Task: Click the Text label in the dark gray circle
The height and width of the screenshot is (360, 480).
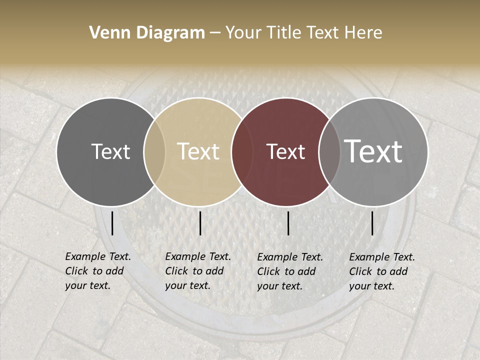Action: coord(110,151)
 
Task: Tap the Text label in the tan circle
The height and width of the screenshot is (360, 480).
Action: coord(198,151)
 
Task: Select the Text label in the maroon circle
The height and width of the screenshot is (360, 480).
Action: coord(285,151)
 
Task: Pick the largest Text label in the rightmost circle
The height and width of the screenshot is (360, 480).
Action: coord(373,151)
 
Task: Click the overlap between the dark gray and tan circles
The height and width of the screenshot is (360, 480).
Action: coord(154,152)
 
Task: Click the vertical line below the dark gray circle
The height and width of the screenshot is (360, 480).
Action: coord(112,223)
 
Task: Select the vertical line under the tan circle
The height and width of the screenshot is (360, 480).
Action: coord(200,223)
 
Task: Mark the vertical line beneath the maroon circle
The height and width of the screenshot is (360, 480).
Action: coord(288,223)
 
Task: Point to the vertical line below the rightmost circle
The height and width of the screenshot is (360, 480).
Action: coord(372,223)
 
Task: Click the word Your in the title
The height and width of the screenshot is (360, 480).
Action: coord(242,33)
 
